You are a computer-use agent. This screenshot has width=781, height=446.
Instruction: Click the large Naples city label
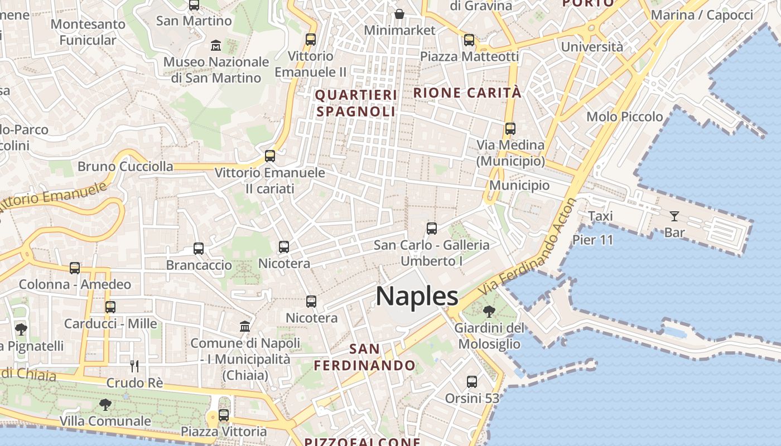(417, 295)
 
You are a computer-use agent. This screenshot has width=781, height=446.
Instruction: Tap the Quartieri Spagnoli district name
(356, 103)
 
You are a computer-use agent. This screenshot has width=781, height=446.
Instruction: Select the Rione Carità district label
(467, 93)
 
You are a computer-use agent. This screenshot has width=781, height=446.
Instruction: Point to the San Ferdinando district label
(364, 357)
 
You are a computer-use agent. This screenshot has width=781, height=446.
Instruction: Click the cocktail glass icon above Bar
(674, 216)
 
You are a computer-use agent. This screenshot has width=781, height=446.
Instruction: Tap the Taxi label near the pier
(600, 216)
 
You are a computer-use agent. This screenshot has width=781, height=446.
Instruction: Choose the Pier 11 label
(592, 240)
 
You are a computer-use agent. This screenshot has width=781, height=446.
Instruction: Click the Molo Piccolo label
(624, 117)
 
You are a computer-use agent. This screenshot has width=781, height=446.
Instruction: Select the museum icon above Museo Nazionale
(216, 45)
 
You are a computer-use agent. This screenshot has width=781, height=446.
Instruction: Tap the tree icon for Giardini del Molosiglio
(489, 311)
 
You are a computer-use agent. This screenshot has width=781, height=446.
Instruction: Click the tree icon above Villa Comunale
(105, 404)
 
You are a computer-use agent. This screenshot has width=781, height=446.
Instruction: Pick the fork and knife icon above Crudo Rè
(134, 366)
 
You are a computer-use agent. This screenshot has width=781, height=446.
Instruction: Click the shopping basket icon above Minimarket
(399, 13)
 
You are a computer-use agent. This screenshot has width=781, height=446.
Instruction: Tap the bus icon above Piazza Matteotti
(469, 40)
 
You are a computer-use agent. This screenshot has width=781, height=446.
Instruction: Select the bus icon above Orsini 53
(472, 382)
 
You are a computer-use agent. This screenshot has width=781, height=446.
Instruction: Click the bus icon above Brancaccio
(199, 249)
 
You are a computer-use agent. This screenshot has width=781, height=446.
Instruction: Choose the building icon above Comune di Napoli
(245, 326)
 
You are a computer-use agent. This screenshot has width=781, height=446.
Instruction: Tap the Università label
(592, 47)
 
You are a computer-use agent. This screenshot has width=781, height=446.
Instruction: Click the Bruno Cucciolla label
(125, 166)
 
